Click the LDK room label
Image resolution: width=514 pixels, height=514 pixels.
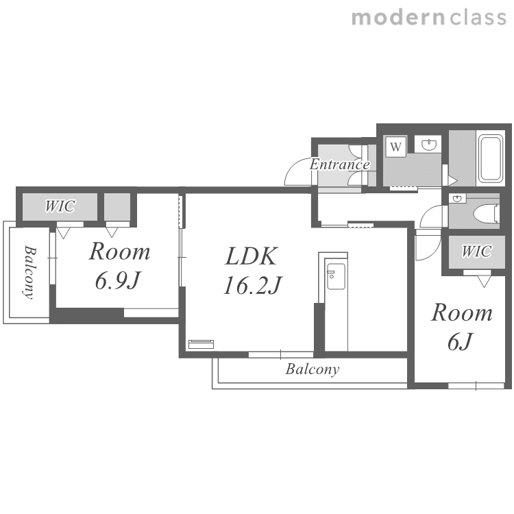click(x=252, y=256)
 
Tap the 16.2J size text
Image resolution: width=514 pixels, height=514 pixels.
click(x=252, y=285)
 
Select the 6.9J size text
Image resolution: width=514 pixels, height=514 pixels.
click(x=118, y=281)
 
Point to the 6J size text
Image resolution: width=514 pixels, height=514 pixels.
click(x=461, y=341)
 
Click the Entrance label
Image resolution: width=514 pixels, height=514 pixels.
click(x=340, y=164)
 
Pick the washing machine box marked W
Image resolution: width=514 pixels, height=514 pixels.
click(x=395, y=147)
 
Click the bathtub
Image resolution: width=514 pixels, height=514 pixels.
click(x=491, y=159)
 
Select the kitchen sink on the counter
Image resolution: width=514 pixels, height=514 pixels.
click(x=336, y=276)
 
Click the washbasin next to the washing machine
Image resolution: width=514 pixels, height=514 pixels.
click(x=429, y=144)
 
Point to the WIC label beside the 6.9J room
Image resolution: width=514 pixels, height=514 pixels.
click(x=60, y=206)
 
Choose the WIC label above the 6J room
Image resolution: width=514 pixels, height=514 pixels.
click(x=476, y=252)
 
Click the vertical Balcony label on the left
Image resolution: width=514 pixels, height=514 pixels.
click(x=29, y=272)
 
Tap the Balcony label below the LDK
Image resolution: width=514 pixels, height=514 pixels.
click(x=312, y=369)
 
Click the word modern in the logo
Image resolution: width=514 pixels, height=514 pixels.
click(x=398, y=17)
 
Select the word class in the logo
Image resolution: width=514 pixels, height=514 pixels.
click(x=478, y=17)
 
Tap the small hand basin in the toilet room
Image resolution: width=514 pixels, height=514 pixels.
click(x=457, y=199)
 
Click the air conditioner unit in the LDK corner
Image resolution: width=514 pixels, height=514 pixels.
click(x=201, y=344)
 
